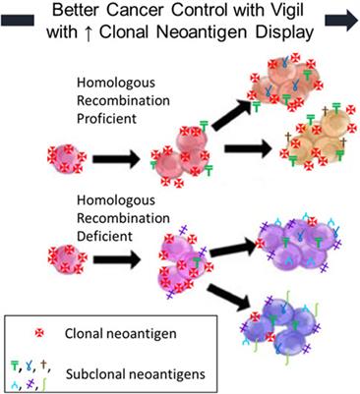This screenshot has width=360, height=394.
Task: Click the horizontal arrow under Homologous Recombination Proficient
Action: pyautogui.click(x=116, y=157)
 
